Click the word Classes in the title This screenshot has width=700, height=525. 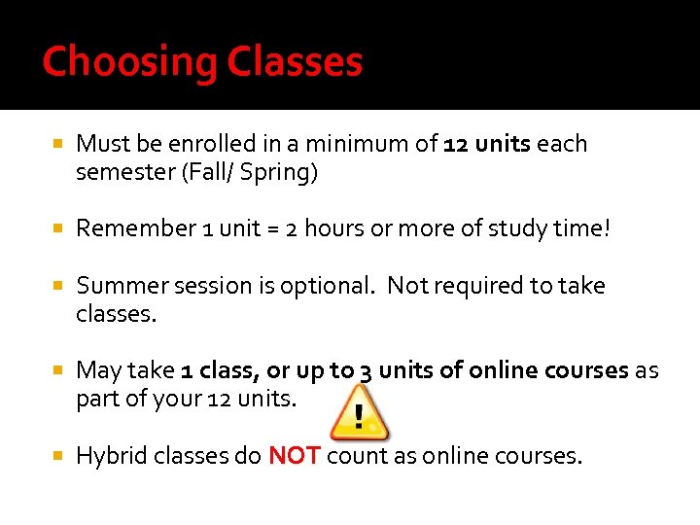click(x=295, y=63)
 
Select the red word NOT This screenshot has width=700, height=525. click(x=294, y=455)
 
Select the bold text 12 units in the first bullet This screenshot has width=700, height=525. click(x=487, y=145)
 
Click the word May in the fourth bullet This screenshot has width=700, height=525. click(x=98, y=371)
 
